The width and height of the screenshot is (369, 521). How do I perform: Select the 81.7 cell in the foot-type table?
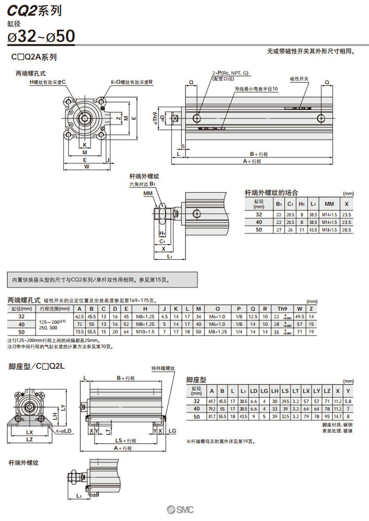click(212, 417)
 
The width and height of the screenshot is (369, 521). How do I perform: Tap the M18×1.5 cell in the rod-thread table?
click(328, 230)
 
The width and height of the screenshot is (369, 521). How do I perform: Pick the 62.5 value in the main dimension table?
click(79, 316)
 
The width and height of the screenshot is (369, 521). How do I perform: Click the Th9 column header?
click(282, 309)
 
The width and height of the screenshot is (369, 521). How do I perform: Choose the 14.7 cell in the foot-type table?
click(337, 417)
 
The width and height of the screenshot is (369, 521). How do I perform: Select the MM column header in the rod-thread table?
click(328, 204)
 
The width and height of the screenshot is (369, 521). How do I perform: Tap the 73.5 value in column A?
click(79, 331)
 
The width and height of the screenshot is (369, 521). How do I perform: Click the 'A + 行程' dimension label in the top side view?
click(252, 161)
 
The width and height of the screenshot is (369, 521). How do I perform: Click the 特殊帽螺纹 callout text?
click(163, 368)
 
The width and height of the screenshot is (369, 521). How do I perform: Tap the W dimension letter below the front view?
click(87, 167)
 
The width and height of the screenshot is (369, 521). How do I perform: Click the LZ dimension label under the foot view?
click(30, 439)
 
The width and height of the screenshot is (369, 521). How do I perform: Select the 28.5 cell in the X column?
click(346, 230)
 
